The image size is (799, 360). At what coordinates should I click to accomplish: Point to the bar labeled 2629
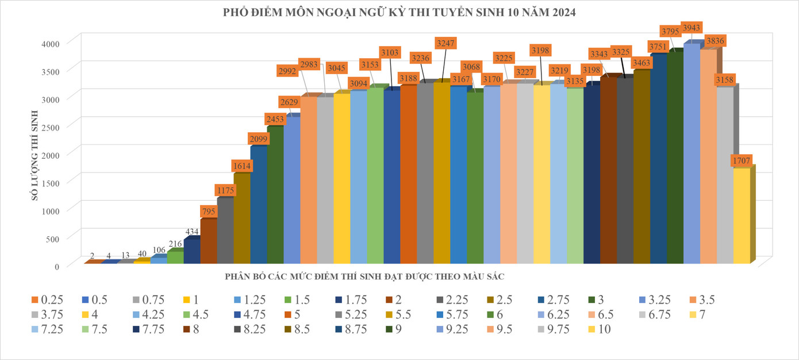(292, 190)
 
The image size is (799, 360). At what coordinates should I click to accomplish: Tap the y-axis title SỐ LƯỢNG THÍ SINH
(35, 155)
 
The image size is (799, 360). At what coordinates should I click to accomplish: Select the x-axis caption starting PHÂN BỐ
(364, 277)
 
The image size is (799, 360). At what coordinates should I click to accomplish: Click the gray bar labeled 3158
(725, 175)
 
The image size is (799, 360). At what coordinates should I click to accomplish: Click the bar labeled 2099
(259, 205)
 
